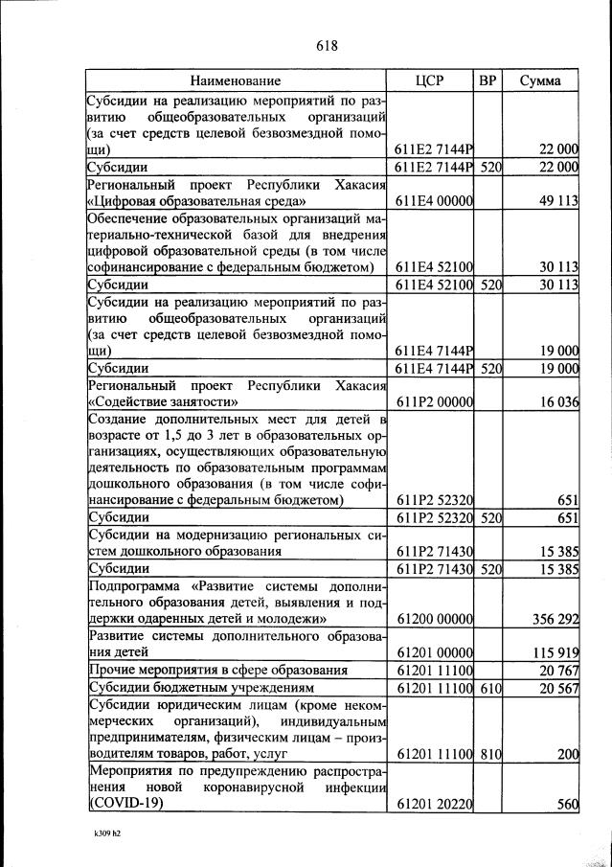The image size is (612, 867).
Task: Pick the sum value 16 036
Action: [557, 403]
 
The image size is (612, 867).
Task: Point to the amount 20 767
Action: [557, 671]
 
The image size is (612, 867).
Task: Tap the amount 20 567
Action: [557, 689]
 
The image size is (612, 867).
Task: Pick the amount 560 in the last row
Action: [568, 806]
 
